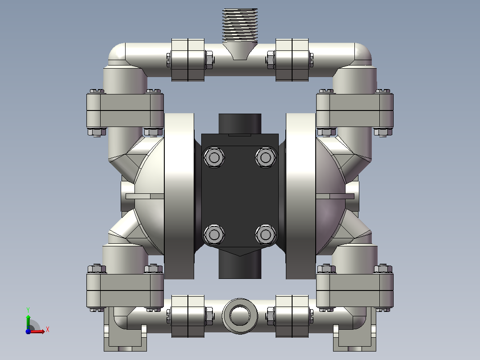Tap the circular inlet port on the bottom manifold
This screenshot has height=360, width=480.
click(240, 315)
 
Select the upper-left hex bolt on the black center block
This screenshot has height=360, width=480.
click(214, 157)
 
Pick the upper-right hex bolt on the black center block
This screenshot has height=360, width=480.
click(265, 157)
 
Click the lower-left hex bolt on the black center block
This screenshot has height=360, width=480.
click(214, 235)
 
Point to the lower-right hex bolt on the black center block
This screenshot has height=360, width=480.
click(265, 235)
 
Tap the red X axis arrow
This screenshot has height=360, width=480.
click(37, 331)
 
